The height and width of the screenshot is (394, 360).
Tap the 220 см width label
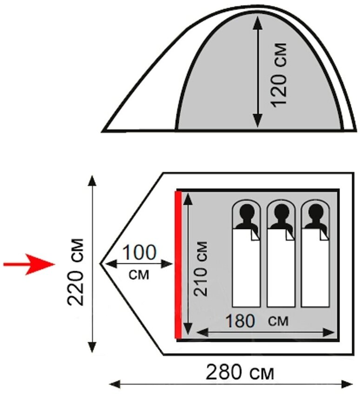coord(76,271)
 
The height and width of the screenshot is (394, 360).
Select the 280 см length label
coord(240,372)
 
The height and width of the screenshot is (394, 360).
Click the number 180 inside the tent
coord(242,321)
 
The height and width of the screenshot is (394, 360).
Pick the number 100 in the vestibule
coord(139,254)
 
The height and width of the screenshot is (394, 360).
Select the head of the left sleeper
coord(246,214)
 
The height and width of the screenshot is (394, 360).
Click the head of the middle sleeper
coord(280,214)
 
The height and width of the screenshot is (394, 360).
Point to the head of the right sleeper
coord(315,214)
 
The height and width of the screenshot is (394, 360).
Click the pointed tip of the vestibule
coord(101,263)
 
